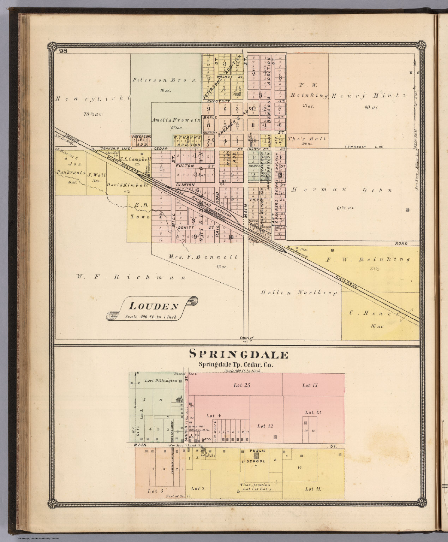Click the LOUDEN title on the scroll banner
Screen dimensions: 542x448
tap(153, 306)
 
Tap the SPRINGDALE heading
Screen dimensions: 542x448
tap(239, 354)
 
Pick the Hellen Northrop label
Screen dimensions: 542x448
tap(299, 293)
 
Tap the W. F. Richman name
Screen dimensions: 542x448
tap(131, 277)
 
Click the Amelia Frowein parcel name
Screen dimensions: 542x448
tap(176, 120)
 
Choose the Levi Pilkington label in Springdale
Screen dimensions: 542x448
tap(161, 381)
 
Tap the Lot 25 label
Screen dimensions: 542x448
tap(242, 385)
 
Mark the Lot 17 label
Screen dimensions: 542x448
tap(311, 386)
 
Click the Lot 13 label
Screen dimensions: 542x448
tap(313, 412)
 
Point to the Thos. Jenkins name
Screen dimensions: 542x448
tap(255, 485)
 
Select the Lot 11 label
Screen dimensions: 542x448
tap(313, 489)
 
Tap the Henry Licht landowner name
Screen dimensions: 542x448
tap(93, 98)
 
